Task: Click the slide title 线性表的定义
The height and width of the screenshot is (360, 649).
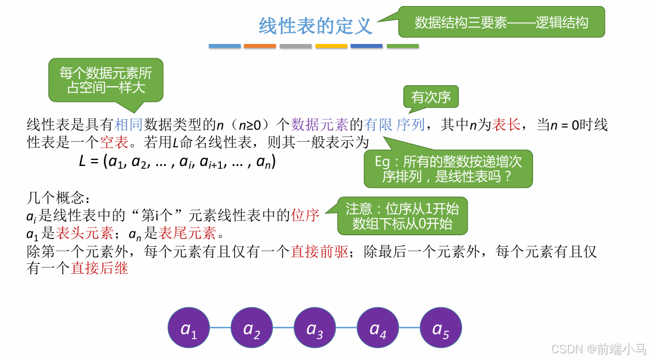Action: point(315,26)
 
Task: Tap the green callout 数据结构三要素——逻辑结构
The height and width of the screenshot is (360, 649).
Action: point(501,22)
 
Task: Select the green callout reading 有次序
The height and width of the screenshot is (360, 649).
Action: point(431,97)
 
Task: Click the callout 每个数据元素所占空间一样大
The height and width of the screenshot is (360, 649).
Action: point(106,80)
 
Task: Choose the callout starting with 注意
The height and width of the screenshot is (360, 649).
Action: point(402,216)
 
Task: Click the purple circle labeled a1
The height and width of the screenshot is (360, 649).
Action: point(188,329)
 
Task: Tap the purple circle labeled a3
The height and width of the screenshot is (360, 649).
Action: point(315,329)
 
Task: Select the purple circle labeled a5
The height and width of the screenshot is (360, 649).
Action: point(441,329)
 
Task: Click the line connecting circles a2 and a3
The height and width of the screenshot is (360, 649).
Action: point(283,328)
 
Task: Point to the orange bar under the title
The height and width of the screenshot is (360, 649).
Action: point(260,46)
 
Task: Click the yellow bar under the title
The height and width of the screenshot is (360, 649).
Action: point(331,46)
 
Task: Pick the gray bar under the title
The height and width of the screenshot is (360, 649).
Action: point(296,46)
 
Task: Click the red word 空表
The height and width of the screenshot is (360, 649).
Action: point(114,143)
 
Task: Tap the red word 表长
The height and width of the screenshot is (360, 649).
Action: point(506,125)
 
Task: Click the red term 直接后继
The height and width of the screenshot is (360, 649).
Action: point(99,269)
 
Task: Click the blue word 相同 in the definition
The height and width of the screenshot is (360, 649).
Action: point(129,125)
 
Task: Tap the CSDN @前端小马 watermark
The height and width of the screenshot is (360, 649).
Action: point(598,349)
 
